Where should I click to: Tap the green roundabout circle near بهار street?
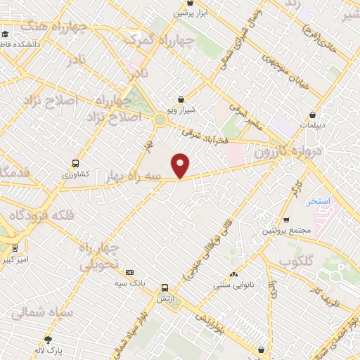click(161, 121)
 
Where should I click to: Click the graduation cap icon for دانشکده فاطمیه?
click(6, 34)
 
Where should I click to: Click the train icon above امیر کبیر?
click(15, 248)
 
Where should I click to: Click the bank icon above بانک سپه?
click(129, 273)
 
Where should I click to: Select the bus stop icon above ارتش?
click(165, 288)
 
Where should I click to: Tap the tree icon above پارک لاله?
click(48, 339)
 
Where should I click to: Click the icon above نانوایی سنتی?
click(233, 275)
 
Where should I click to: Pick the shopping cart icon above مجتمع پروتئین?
click(285, 220)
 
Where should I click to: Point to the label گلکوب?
click(295, 262)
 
